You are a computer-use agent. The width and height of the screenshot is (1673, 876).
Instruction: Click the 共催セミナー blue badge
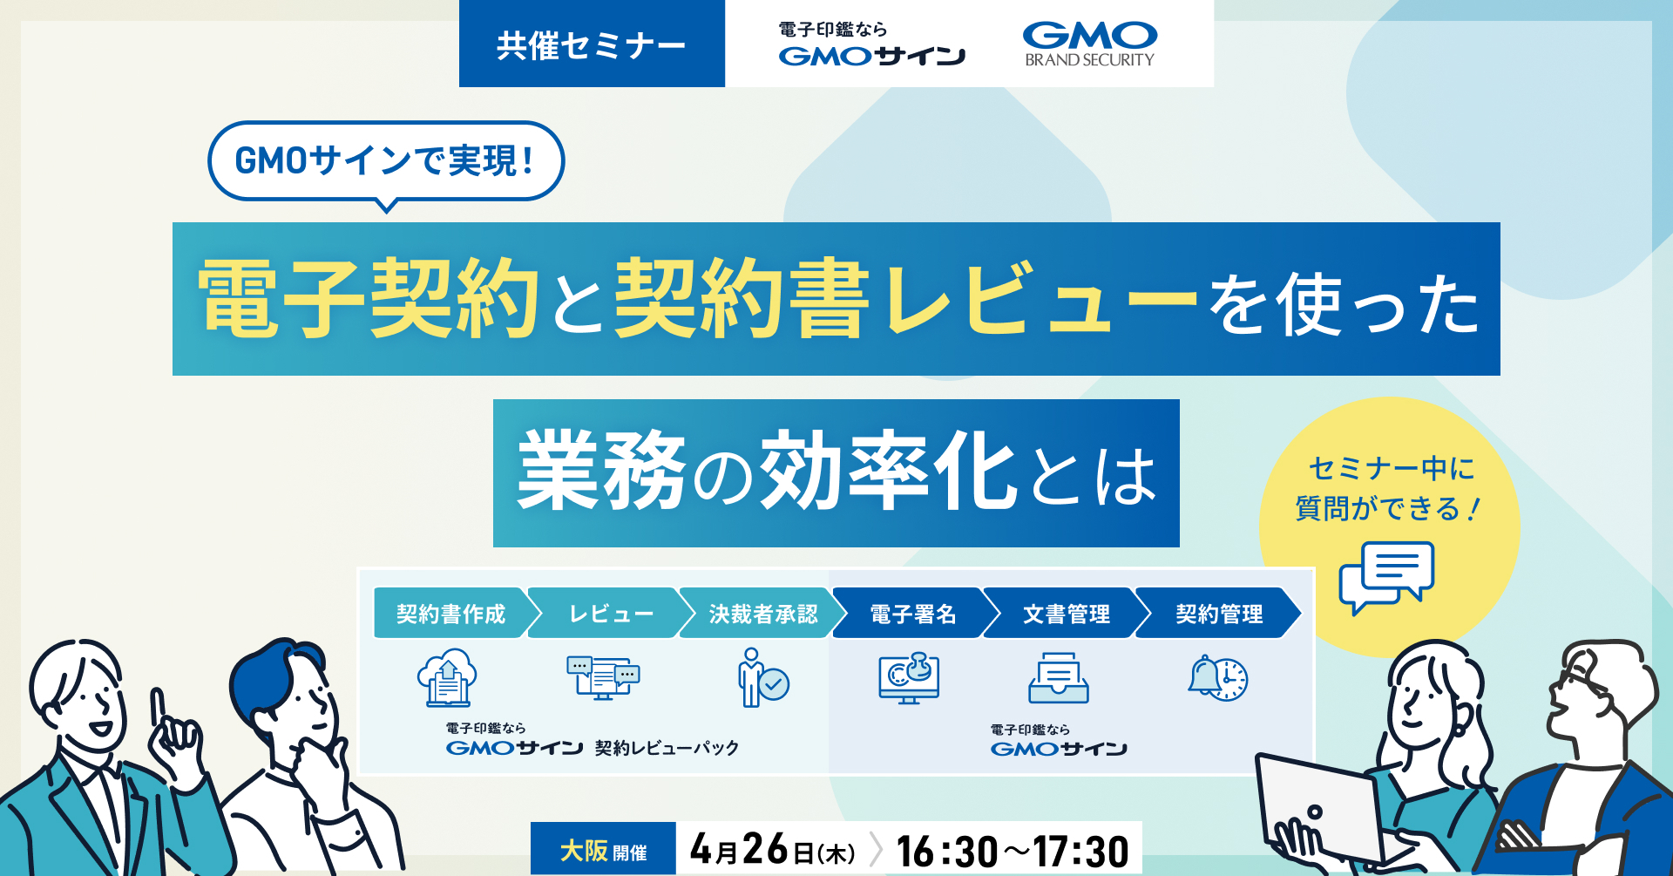(592, 44)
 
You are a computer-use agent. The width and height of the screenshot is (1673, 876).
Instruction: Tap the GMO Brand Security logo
(1089, 44)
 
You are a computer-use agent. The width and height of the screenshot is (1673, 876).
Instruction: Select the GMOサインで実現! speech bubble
(385, 161)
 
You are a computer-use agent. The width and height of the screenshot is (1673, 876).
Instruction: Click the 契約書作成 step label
(450, 614)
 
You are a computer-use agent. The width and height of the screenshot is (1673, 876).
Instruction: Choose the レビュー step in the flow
(610, 614)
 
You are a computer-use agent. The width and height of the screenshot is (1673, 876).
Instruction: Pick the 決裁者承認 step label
(762, 614)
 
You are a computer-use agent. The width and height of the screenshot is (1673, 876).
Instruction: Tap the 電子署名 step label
(912, 614)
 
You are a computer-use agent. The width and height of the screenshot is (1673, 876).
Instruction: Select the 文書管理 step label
(1065, 614)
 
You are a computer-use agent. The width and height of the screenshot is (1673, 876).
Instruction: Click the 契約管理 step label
(1218, 614)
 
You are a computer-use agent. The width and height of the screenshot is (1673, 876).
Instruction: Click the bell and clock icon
(1218, 678)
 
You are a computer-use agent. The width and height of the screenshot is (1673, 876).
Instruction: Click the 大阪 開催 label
(603, 850)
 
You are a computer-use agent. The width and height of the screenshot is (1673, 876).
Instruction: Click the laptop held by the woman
(1316, 811)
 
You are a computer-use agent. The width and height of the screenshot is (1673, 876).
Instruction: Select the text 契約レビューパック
(667, 748)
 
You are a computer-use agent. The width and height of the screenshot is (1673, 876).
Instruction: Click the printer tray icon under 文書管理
(1059, 679)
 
